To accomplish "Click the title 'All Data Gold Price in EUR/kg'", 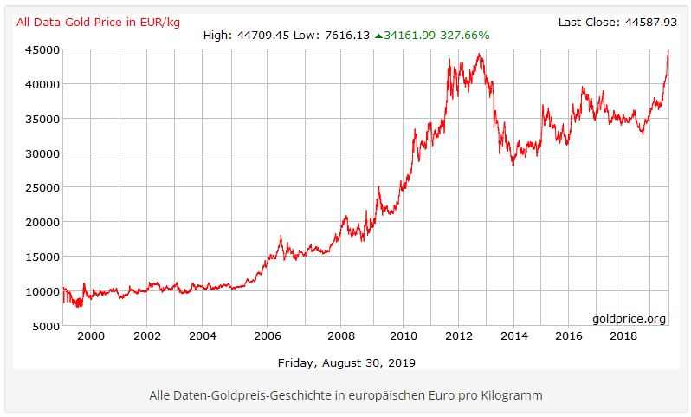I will click(x=97, y=22).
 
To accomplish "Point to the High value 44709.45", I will click(x=262, y=36).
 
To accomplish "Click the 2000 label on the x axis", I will click(x=91, y=336).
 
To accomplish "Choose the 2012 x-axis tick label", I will click(x=458, y=336).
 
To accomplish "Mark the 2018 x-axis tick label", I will click(x=623, y=336).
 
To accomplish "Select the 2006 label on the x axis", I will click(x=268, y=336).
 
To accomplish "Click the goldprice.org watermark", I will click(x=629, y=318).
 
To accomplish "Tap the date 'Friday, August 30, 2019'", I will click(x=346, y=362).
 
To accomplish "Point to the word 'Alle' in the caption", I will click(x=161, y=395).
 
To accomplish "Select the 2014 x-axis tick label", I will click(x=514, y=336).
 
